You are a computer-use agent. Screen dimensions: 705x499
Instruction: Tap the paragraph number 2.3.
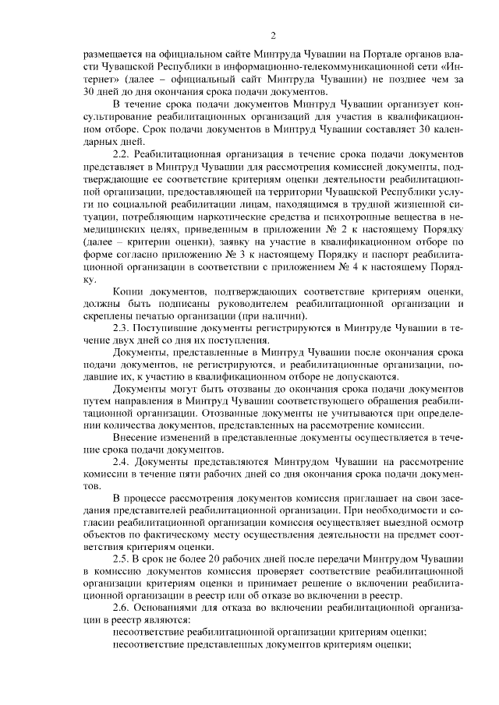(x=122, y=330)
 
